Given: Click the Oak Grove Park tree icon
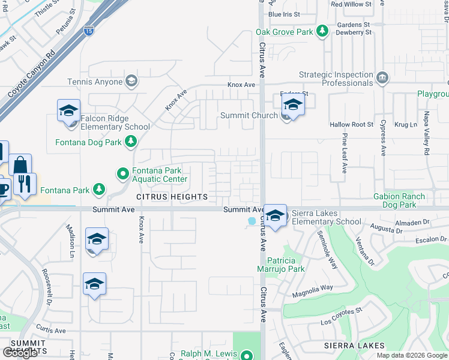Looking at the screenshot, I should click(322, 31).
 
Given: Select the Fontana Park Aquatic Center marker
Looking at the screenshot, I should click(122, 174).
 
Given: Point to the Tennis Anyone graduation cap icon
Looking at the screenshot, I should click(131, 81).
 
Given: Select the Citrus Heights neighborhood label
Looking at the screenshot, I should click(172, 197).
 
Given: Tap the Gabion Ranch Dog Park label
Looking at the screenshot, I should click(407, 200).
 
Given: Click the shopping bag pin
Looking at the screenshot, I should click(20, 166).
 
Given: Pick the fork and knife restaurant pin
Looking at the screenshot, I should click(25, 184).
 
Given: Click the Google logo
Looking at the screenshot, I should click(20, 353).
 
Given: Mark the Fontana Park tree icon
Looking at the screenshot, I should click(99, 191).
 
